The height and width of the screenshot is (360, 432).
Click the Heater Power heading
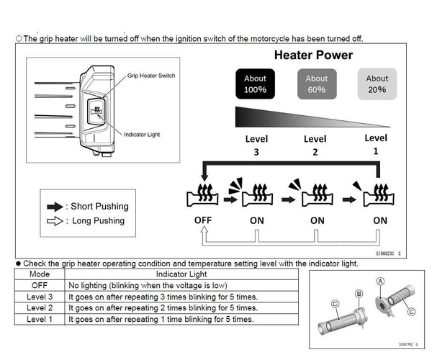pyautogui.click(x=313, y=55)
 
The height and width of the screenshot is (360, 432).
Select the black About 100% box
pyautogui.click(x=255, y=84)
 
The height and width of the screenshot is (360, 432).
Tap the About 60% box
pyautogui.click(x=316, y=84)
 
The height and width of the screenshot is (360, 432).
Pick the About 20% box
pyautogui.click(x=377, y=84)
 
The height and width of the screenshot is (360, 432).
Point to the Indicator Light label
pyautogui.click(x=146, y=134)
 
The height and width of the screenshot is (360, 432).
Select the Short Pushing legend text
pyautogui.click(x=98, y=207)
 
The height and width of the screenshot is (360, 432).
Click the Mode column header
pyautogui.click(x=40, y=274)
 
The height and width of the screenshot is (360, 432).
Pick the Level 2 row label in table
pyautogui.click(x=40, y=307)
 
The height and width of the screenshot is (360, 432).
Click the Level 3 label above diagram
pyautogui.click(x=255, y=144)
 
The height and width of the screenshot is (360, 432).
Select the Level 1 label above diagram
pyautogui.click(x=376, y=143)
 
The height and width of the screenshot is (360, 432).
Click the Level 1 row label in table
pyautogui.click(x=40, y=318)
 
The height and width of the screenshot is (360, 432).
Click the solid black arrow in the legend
pyautogui.click(x=53, y=207)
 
